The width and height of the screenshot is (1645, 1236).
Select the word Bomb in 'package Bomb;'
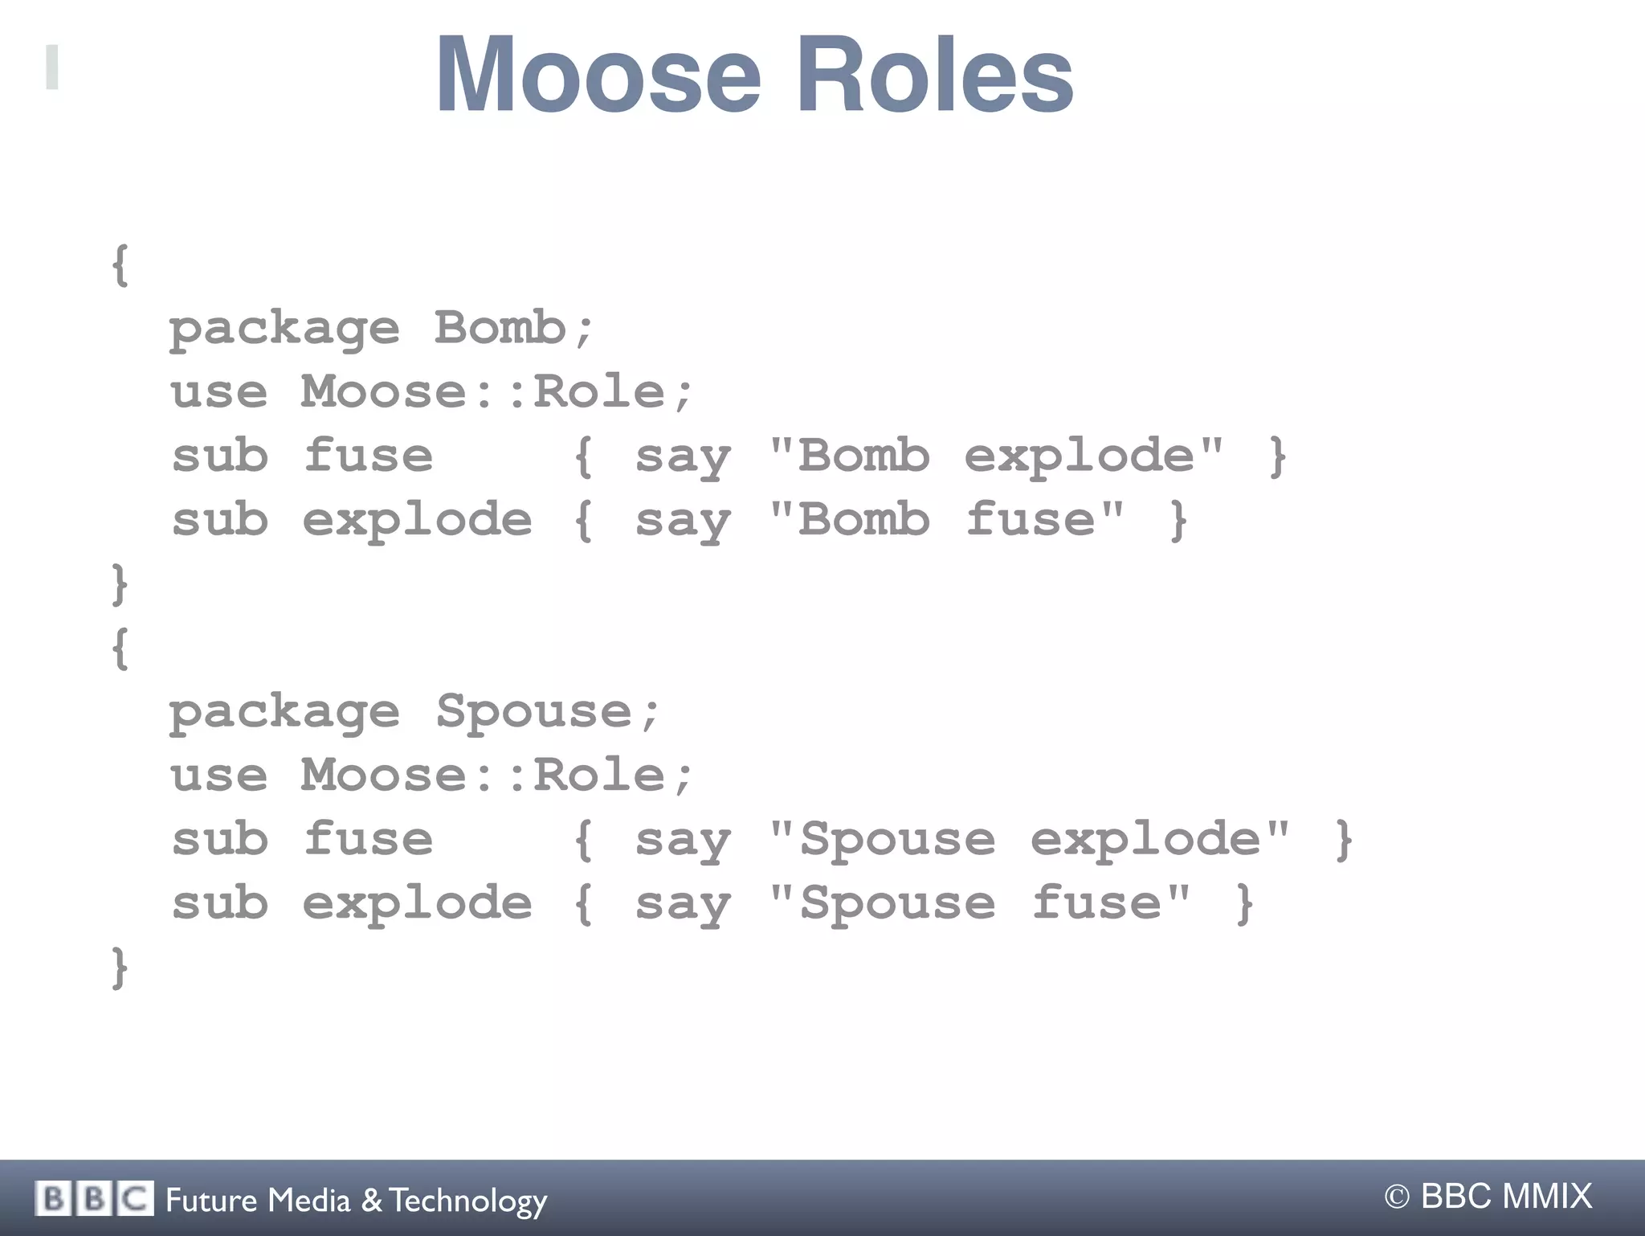point(500,328)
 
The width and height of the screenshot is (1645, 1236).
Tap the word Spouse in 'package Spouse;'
point(534,711)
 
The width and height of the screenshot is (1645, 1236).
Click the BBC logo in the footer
point(94,1199)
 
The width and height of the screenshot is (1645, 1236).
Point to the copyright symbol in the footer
point(1397,1197)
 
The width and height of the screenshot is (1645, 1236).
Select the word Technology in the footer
point(468,1201)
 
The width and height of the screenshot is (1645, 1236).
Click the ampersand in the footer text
point(371,1200)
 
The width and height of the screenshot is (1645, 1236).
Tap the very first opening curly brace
point(120,265)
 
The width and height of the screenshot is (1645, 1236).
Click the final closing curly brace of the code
point(120,968)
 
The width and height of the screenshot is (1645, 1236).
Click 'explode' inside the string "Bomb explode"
point(1080,456)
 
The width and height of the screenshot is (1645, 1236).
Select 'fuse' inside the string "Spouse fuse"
point(1097,903)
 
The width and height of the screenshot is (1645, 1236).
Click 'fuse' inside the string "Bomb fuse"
point(1031,520)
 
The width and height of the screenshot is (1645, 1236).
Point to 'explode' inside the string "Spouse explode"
point(1145,841)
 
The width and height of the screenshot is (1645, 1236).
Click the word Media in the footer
point(309,1200)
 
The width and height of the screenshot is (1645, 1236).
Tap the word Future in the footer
point(211,1200)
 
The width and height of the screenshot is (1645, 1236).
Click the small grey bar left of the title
point(52,68)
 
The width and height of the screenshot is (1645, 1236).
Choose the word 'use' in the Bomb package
point(218,392)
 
